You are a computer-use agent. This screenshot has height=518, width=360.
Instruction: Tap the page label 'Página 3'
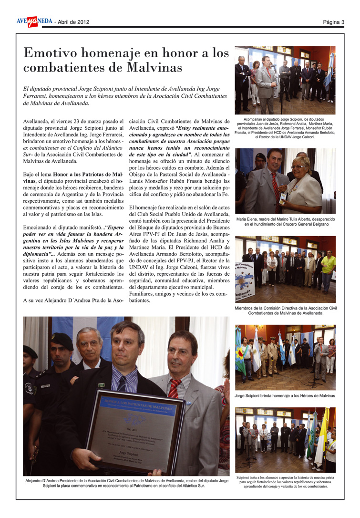333,22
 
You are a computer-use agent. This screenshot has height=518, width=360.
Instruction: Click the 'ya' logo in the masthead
32,21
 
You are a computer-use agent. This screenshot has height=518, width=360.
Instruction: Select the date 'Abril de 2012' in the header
73,22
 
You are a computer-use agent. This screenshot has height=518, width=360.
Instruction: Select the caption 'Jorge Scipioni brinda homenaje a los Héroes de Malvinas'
285,396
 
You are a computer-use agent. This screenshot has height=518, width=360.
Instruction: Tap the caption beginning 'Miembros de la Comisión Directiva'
285,311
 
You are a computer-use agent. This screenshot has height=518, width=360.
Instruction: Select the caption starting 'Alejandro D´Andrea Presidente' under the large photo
126,483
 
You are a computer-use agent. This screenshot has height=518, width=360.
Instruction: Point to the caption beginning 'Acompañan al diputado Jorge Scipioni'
285,128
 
